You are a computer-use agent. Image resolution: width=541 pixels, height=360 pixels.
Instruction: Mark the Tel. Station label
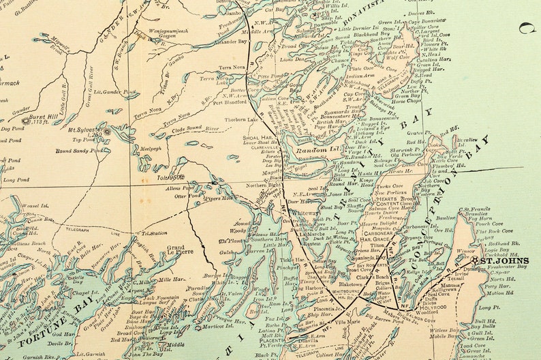pyautogui.click(x=153, y=232)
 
